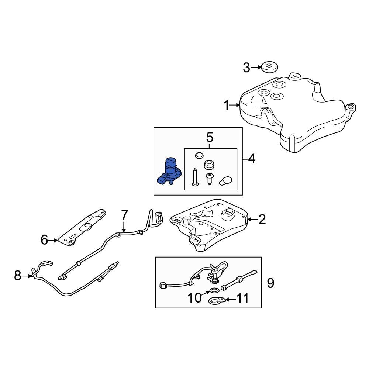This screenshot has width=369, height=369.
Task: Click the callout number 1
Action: coord(227,106)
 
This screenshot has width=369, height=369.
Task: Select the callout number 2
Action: coord(262,220)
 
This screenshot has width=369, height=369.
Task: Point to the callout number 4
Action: coord(251,159)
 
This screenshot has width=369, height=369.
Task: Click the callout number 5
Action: coord(210,138)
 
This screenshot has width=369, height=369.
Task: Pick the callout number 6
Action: coord(45,241)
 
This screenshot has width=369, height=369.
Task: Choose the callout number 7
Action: coord(124,214)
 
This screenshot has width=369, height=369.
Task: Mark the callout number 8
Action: coord(18,275)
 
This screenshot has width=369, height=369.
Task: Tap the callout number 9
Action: coord(270,283)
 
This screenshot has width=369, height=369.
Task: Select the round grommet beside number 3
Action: coord(269,68)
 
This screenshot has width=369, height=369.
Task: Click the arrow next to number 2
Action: coord(251,220)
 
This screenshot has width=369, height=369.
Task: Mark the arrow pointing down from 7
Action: coord(124,227)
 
